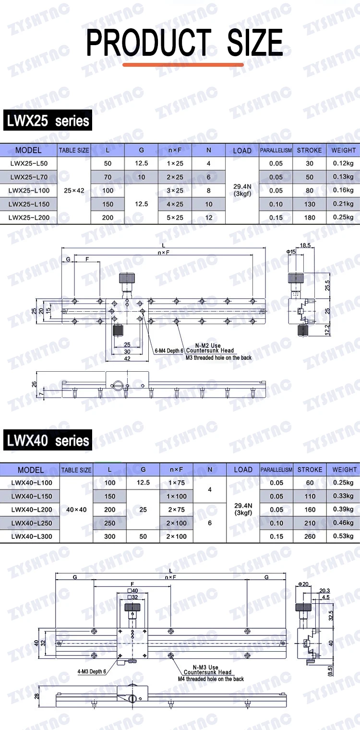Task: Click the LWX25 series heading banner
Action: (x=48, y=120)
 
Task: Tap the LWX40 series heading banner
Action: (x=48, y=440)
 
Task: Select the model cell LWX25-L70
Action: (x=29, y=177)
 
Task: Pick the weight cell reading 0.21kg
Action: (x=343, y=204)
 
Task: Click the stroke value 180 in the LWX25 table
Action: (x=310, y=218)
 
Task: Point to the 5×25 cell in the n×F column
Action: (x=175, y=218)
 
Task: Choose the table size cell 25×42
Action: (x=74, y=191)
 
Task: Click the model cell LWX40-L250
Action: (x=32, y=523)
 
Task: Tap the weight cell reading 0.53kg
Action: (x=343, y=536)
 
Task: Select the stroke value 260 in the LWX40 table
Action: (x=310, y=536)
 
